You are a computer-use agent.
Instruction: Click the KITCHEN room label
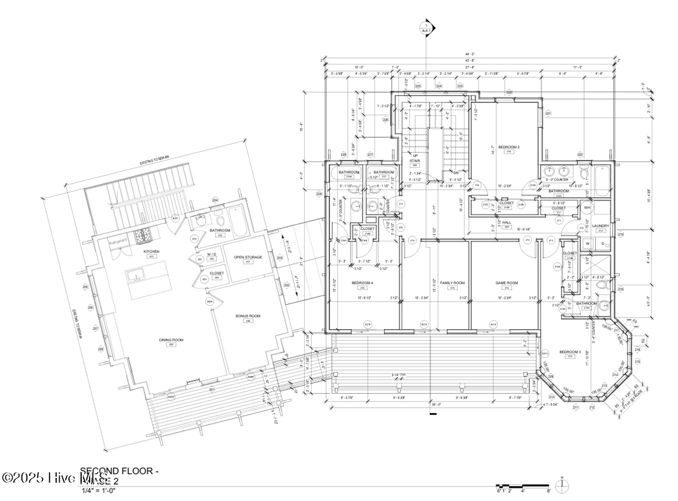click(151, 251)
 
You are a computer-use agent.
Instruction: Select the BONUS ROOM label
click(248, 316)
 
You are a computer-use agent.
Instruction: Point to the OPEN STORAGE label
click(248, 257)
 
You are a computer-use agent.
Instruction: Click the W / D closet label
click(212, 254)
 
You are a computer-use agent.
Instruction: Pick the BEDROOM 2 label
click(508, 147)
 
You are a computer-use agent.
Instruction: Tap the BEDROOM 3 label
click(570, 352)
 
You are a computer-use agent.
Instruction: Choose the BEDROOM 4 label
click(362, 283)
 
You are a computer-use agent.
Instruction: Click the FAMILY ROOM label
click(452, 283)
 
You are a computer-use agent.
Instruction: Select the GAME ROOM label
click(506, 283)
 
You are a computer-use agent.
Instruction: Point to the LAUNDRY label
click(601, 226)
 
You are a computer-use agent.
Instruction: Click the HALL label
click(507, 222)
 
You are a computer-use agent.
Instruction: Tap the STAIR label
click(415, 161)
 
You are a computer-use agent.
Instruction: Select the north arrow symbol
click(565, 485)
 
